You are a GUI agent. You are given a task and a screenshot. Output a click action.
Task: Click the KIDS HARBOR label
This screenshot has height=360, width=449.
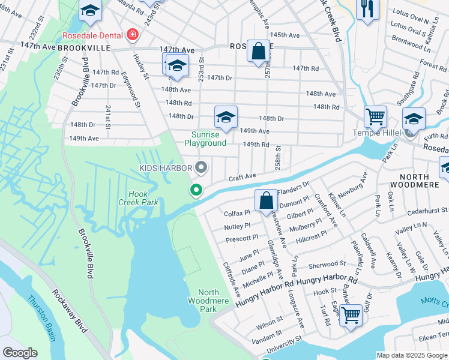[166, 169]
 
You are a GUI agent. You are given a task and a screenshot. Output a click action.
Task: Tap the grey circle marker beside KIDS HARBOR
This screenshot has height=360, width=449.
[202, 167]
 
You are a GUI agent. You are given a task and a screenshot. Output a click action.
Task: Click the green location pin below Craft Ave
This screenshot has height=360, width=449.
[196, 191]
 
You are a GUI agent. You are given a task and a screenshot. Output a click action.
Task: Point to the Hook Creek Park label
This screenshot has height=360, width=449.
[142, 198]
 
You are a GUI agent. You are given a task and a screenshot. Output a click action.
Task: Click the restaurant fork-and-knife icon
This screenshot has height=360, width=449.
[367, 8]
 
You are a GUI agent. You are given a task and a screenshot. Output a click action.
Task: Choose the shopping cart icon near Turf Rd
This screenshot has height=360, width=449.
[351, 313]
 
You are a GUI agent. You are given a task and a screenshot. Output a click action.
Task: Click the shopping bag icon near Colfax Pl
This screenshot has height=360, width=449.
[266, 200]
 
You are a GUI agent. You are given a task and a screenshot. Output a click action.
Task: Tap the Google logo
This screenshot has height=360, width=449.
[21, 353]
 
